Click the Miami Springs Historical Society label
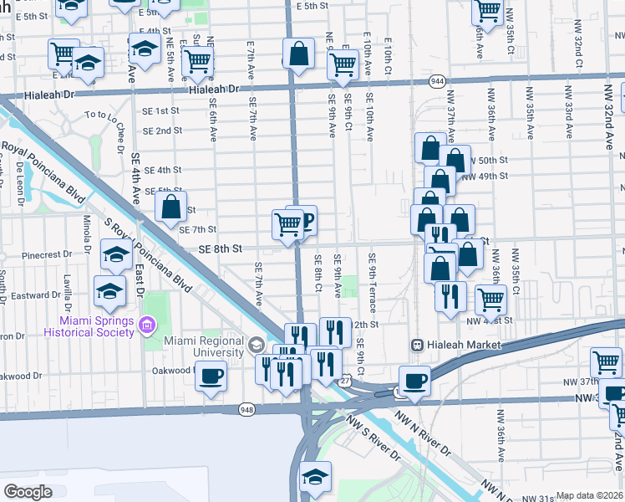96,326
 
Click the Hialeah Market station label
463,345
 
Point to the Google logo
28,492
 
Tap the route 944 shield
437,80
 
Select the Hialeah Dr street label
214,90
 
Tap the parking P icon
307,221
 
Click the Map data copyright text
589,495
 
